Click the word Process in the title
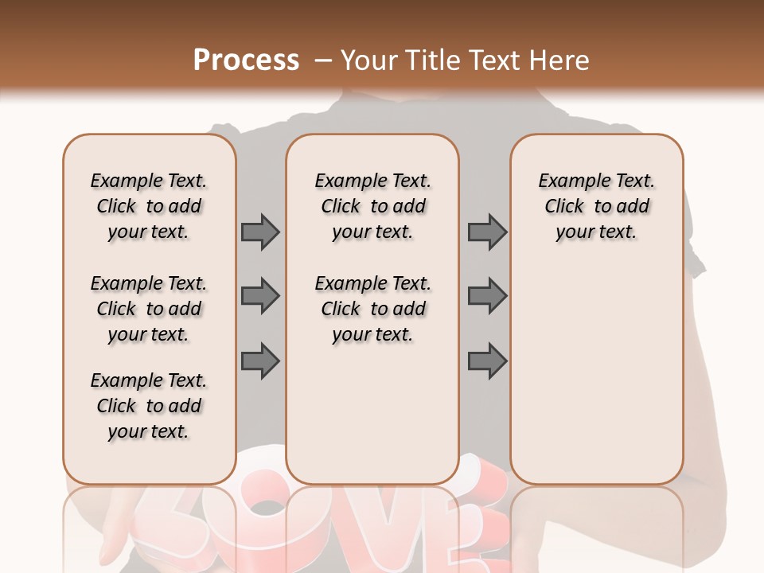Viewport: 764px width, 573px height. click(246, 60)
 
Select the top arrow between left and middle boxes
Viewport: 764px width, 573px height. click(260, 232)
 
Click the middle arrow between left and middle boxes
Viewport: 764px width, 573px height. click(260, 297)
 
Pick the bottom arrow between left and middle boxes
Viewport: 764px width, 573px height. click(260, 361)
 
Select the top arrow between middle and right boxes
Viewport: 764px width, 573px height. click(487, 232)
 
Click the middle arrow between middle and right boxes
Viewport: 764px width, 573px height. click(487, 297)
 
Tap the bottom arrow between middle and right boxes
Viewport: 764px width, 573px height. click(487, 361)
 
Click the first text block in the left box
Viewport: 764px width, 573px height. click(149, 206)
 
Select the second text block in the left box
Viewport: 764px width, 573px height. click(149, 309)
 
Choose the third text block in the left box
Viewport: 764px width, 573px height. click(149, 406)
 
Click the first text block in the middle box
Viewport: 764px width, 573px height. click(372, 206)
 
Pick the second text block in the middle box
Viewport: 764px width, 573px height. click(372, 309)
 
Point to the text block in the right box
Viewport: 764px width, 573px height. click(596, 206)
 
